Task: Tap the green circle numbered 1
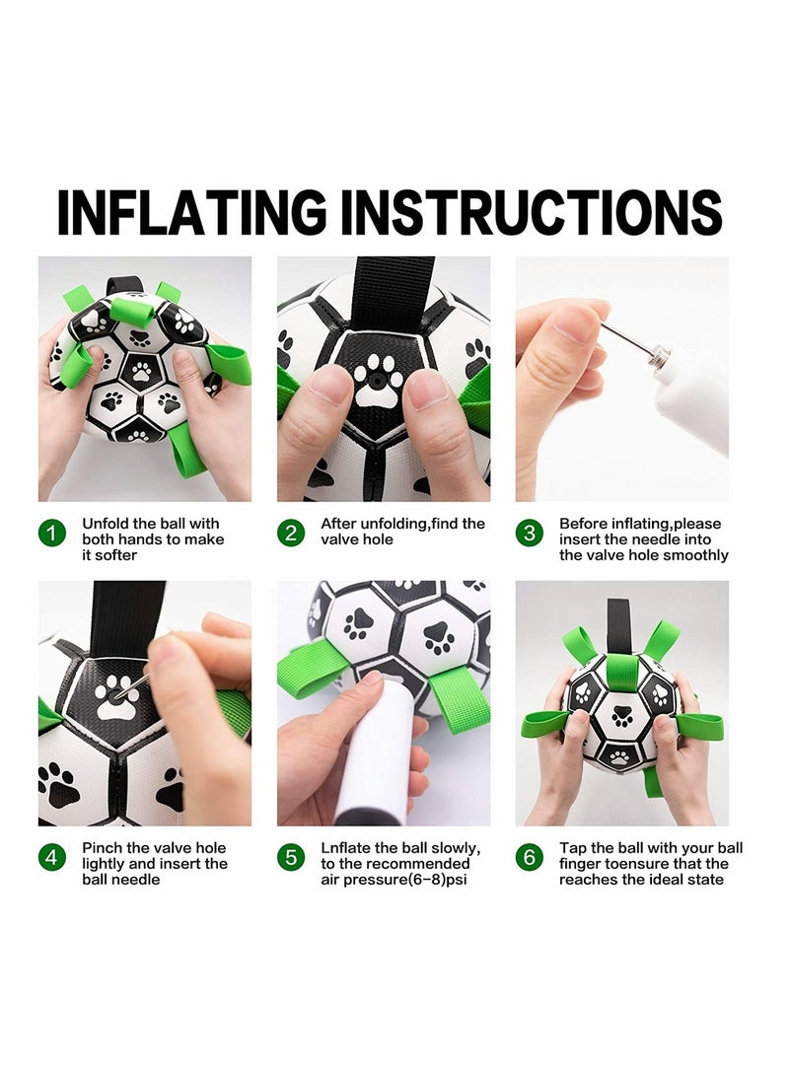pyautogui.click(x=52, y=534)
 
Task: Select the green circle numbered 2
pyautogui.click(x=291, y=534)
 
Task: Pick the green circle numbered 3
pyautogui.click(x=530, y=534)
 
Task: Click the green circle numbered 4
pyautogui.click(x=52, y=857)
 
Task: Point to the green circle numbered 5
pyautogui.click(x=291, y=857)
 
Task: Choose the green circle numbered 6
pyautogui.click(x=530, y=857)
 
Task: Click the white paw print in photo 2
pyautogui.click(x=379, y=381)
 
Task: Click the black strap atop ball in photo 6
pyautogui.click(x=618, y=621)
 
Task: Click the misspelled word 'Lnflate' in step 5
pyautogui.click(x=346, y=848)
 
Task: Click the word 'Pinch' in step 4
pyautogui.click(x=103, y=848)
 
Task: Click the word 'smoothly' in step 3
pyautogui.click(x=695, y=555)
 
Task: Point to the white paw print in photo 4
pyautogui.click(x=116, y=696)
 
